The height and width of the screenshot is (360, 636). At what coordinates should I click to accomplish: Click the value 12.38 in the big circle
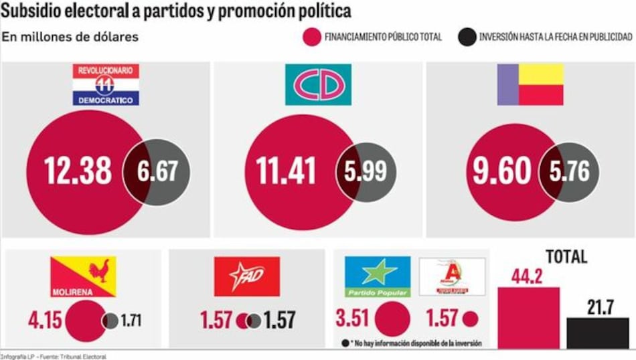pos(78,171)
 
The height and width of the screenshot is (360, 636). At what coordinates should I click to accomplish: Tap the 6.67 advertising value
pos(158,171)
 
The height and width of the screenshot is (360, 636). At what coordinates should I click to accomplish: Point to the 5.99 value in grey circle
pos(366,171)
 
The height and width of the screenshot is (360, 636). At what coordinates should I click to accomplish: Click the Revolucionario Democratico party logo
pos(106,85)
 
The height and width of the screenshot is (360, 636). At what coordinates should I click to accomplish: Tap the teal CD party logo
pos(318,84)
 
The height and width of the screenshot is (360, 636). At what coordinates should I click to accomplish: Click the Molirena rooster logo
pos(83,276)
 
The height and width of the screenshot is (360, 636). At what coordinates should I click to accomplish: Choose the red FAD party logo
pos(246,276)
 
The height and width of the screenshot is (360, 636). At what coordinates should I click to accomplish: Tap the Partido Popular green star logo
pos(377,276)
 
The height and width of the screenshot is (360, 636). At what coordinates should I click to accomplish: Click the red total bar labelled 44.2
pos(529,318)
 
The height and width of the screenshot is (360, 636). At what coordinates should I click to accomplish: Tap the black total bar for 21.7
pos(597,333)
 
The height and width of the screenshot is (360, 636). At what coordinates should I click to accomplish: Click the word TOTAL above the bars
pos(566,257)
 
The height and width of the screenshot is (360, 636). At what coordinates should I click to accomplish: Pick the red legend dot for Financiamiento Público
pos(311,37)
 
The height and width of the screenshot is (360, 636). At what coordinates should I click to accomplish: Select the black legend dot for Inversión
pos(467,37)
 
